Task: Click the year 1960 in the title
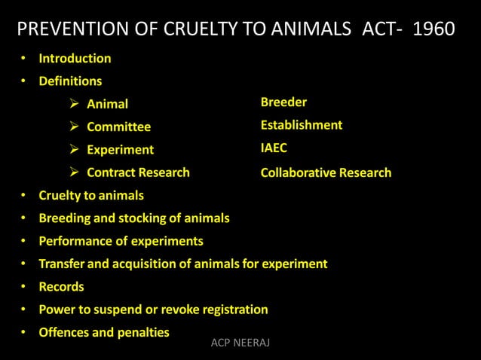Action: [434, 29]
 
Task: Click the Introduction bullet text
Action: [75, 58]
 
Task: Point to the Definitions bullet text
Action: [70, 81]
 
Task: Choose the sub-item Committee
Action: [118, 127]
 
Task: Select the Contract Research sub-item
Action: [138, 172]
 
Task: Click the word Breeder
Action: [283, 102]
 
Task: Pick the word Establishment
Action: [302, 125]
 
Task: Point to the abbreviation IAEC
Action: [274, 148]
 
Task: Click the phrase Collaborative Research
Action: [326, 172]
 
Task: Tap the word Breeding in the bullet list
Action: [65, 218]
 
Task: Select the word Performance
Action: [75, 241]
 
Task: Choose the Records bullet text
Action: [61, 286]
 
